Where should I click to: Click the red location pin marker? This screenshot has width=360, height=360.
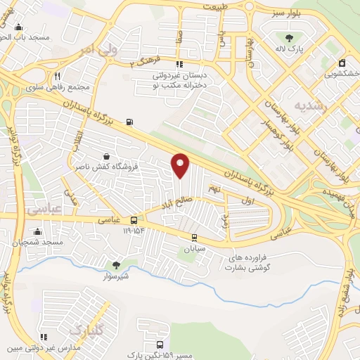point(181,165)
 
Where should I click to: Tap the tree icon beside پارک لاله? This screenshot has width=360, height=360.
point(289,38)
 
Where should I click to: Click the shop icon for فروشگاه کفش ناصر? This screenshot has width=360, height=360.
point(105,156)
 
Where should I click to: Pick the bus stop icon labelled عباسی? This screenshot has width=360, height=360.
point(134,220)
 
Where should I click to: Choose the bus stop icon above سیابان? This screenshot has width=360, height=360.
point(193,237)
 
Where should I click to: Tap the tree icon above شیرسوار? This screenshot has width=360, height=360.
point(116,265)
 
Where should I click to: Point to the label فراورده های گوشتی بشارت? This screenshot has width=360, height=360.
point(253,262)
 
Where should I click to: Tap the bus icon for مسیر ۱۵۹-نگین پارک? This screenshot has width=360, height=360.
point(160,345)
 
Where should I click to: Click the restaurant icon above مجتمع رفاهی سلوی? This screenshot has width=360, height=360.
point(57,76)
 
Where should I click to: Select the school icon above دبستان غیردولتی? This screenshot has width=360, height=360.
point(184,60)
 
